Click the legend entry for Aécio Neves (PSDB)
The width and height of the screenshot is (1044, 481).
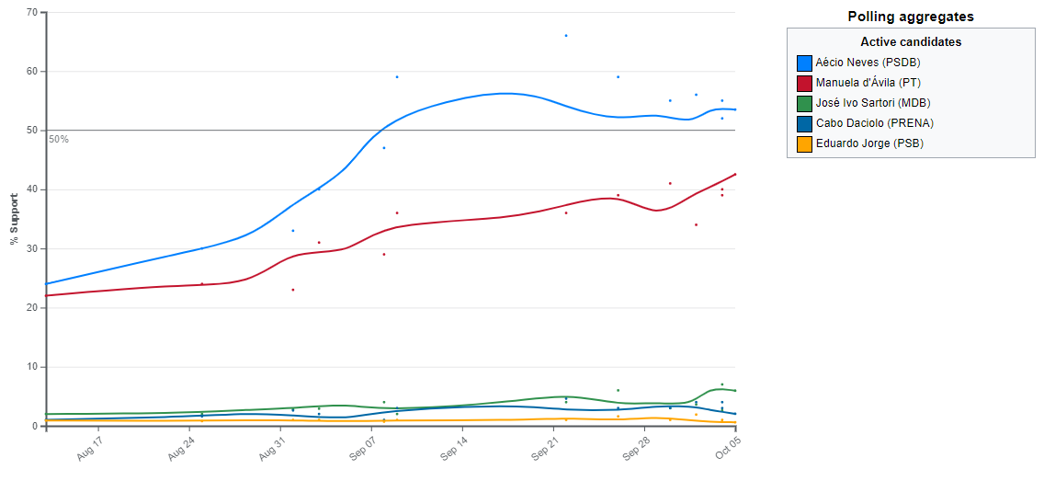(868, 63)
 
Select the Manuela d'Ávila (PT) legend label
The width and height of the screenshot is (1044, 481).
(868, 83)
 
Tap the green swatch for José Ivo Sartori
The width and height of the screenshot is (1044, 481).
(804, 103)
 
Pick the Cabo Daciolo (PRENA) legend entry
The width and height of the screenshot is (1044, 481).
(868, 123)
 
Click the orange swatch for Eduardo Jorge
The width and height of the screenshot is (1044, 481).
(804, 143)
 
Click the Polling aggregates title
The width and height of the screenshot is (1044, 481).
(911, 17)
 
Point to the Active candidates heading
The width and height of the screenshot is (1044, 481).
(911, 42)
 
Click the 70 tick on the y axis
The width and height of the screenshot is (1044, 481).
(32, 12)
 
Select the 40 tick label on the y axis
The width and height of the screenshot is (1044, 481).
(32, 189)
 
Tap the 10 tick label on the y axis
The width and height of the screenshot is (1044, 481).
(32, 367)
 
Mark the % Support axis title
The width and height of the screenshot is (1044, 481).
(14, 219)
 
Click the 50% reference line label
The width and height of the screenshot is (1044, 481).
(59, 139)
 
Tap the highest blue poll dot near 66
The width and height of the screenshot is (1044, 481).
(566, 36)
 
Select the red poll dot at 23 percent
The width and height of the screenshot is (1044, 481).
(293, 290)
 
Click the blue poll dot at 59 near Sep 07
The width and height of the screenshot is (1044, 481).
(397, 77)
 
